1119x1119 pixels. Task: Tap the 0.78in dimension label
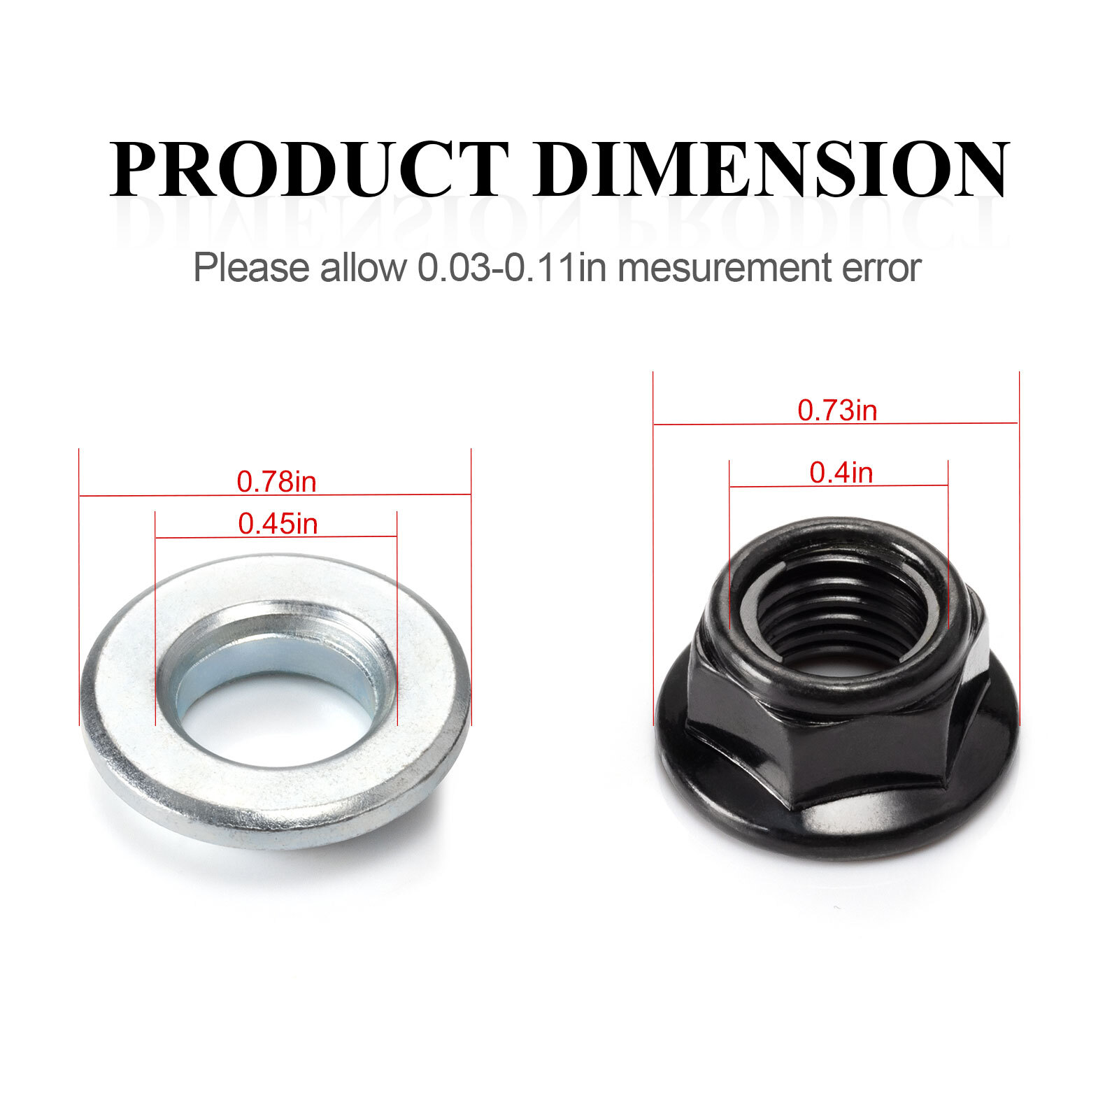[276, 482]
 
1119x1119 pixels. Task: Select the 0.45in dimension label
[278, 524]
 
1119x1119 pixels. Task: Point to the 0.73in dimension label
[837, 411]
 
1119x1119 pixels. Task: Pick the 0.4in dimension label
[841, 473]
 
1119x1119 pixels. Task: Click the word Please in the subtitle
[251, 268]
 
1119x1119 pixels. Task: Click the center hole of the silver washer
[276, 717]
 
